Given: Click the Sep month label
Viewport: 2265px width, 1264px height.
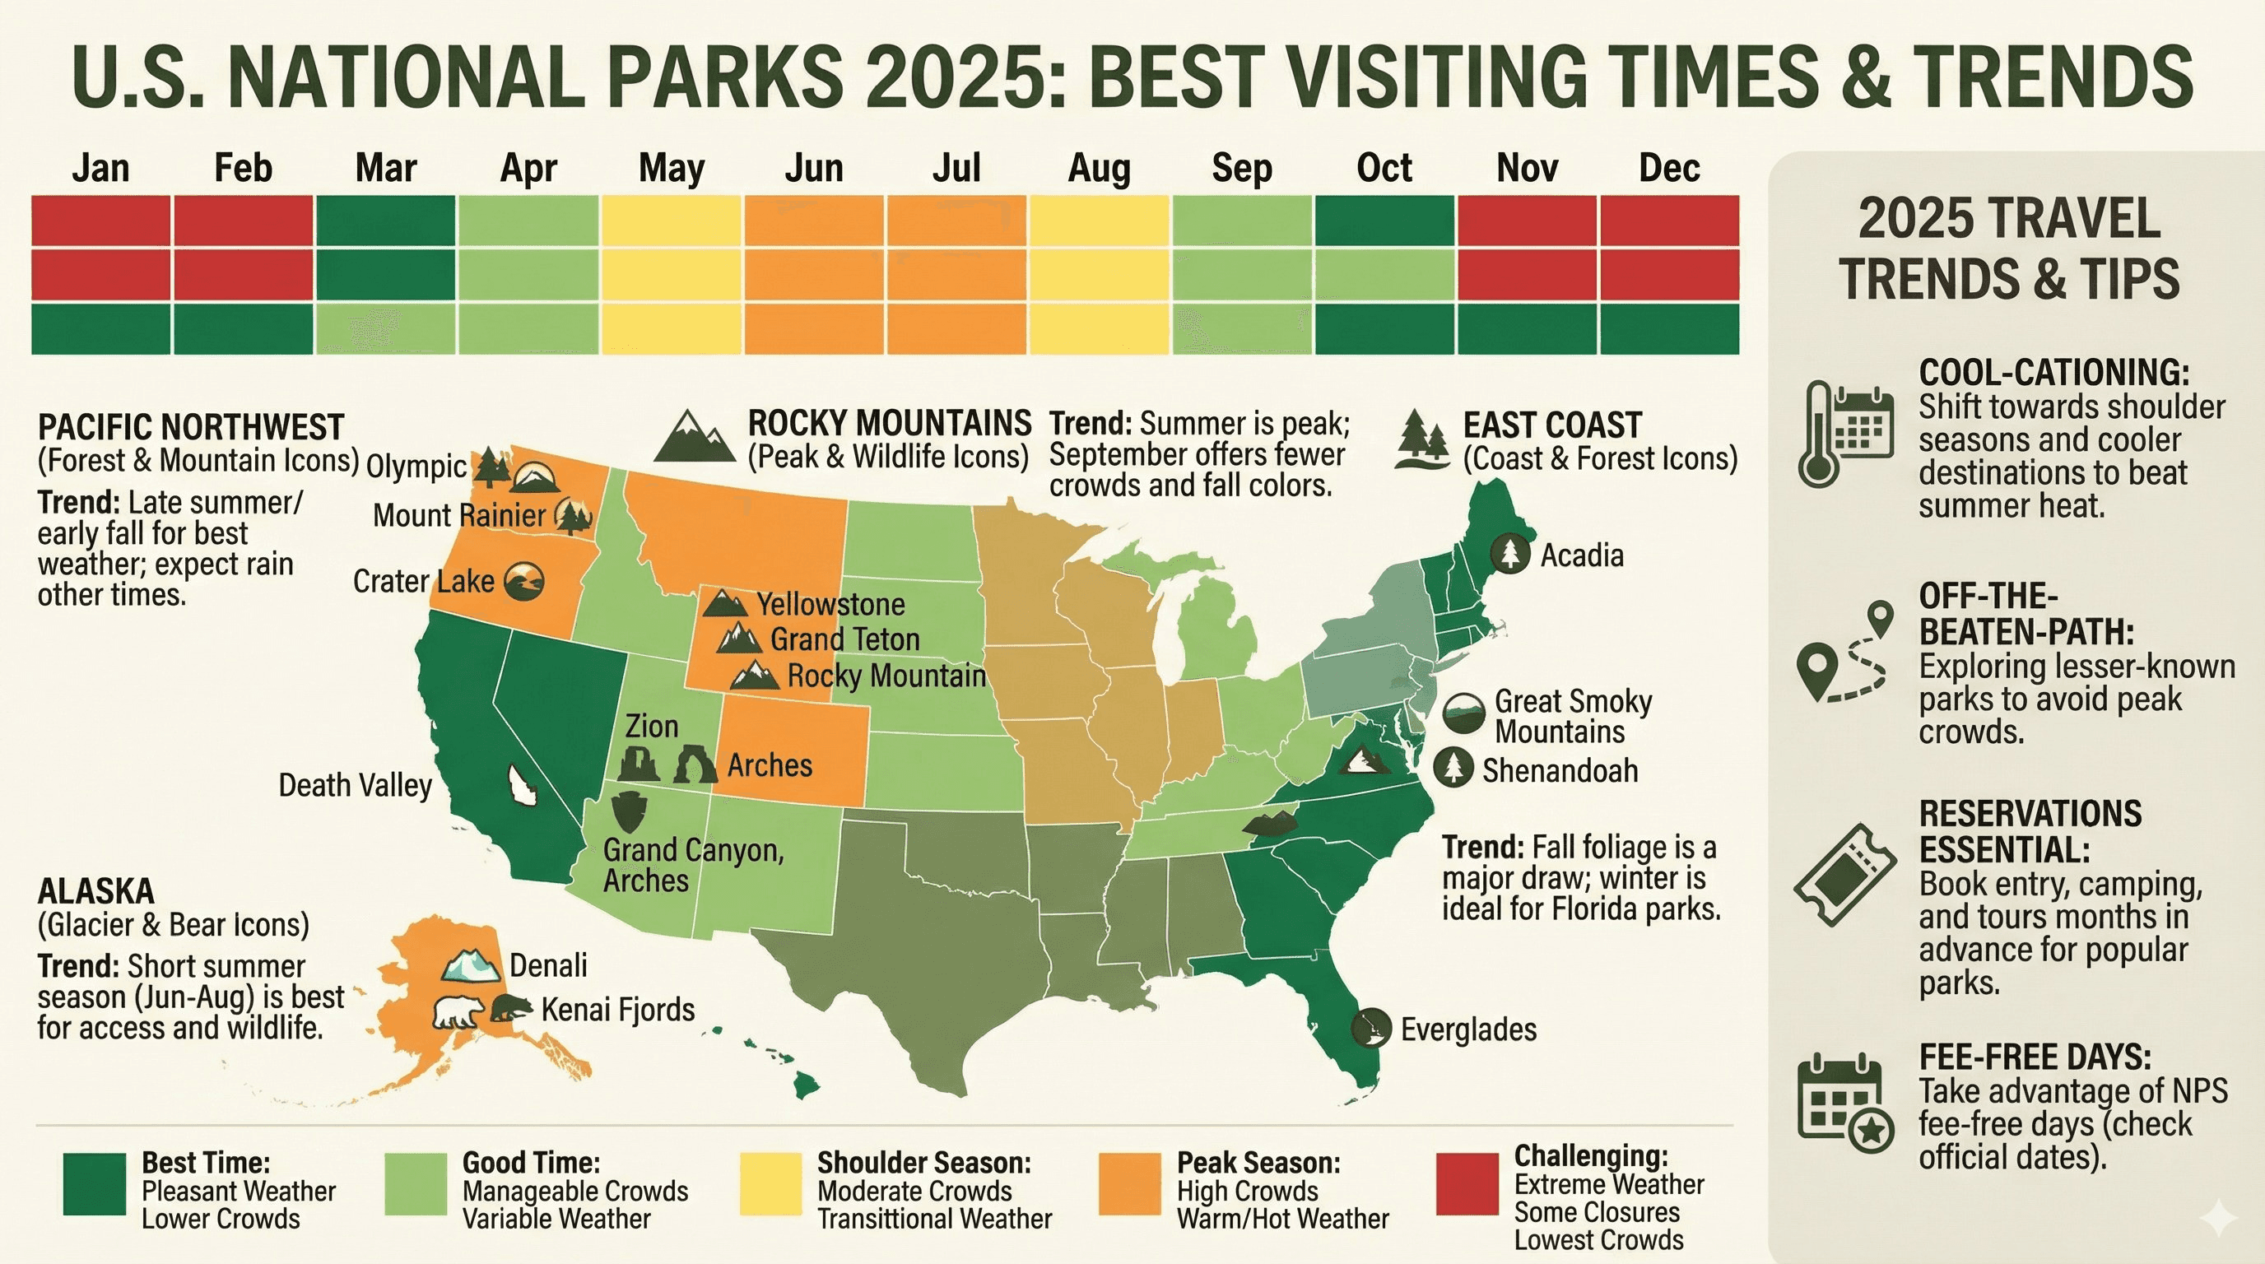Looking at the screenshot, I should (x=1241, y=168).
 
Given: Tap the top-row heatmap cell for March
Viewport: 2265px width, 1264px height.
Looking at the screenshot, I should (x=385, y=220).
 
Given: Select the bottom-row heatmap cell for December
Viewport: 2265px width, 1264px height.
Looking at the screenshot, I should (x=1669, y=328).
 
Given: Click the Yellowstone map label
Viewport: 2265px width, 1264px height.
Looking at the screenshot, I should (x=831, y=605).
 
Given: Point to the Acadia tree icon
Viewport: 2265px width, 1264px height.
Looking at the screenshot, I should (x=1509, y=553).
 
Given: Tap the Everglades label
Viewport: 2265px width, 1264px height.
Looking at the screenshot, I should (x=1468, y=1029).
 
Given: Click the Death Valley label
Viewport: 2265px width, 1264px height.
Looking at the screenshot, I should (x=356, y=785).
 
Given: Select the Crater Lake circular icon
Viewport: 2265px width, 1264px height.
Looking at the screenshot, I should (x=525, y=582).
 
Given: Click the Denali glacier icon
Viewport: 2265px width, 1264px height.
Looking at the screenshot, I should (x=472, y=964).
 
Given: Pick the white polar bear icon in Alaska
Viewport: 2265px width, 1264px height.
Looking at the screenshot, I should (x=458, y=1013).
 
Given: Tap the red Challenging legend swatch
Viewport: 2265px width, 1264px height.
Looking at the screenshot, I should (x=1467, y=1184).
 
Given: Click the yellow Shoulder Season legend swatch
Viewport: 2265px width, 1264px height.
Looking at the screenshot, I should (x=770, y=1184).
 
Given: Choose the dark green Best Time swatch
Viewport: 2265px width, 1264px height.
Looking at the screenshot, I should (x=95, y=1184).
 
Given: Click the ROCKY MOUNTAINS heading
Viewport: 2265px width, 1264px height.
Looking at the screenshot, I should (x=889, y=424).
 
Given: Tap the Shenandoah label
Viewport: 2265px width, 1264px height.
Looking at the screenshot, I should (x=1560, y=771).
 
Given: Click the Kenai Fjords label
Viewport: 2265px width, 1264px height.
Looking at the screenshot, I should (x=618, y=1010).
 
